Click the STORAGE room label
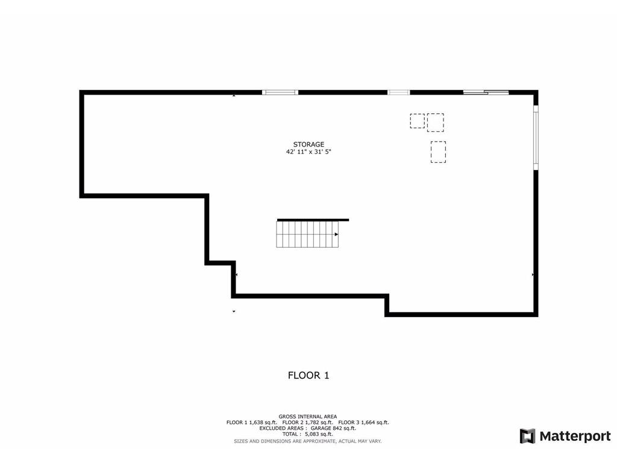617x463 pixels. pos(308,145)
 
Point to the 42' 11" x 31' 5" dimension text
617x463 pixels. pos(308,151)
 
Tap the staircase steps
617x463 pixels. pos(307,235)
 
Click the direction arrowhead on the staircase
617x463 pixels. pos(336,235)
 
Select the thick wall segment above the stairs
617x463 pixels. pos(313,220)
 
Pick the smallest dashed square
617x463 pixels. pos(417,121)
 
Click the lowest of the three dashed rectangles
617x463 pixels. pos(438,152)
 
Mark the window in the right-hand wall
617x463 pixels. pos(536,138)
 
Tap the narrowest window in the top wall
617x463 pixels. pos(399,92)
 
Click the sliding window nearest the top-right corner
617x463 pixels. pos(486,92)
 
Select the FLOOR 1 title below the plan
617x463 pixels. pos(308,375)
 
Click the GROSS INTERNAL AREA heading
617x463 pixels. pos(308,417)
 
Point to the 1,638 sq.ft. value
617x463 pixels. pos(263,423)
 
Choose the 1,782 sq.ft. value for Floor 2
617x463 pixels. pos(319,423)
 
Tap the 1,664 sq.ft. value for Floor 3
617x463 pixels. pos(375,423)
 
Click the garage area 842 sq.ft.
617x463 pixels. pos(344,429)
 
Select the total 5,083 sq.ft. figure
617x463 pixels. pos(319,434)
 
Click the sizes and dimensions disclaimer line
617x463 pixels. pos(308,441)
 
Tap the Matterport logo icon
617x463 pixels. pos(528,436)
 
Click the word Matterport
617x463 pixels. pos(575,436)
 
